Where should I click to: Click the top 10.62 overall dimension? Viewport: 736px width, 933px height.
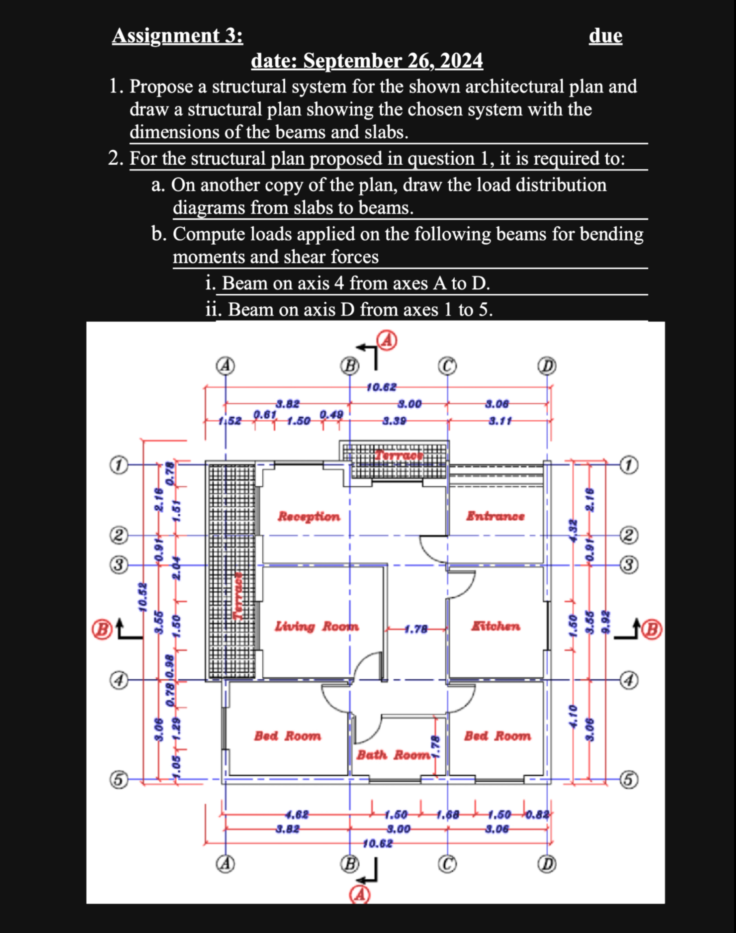[381, 387]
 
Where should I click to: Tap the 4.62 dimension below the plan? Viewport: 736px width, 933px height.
[297, 815]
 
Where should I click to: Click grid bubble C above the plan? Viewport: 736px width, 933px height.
[447, 366]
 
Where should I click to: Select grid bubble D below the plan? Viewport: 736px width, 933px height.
[547, 864]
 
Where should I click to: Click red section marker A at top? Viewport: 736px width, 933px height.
[387, 341]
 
